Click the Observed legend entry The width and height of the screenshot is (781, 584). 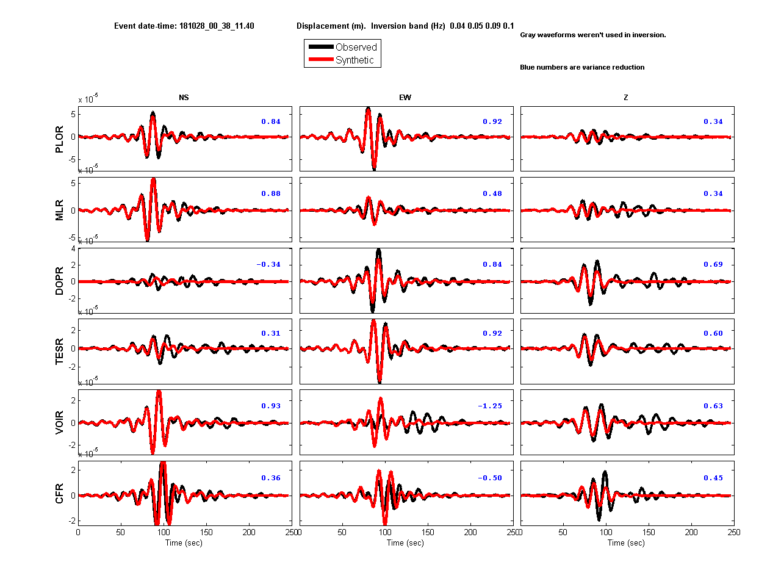pyautogui.click(x=342, y=46)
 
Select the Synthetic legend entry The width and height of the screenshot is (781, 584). pyautogui.click(x=341, y=59)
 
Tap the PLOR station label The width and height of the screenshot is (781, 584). pyautogui.click(x=59, y=139)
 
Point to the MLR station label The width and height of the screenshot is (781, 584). pyautogui.click(x=59, y=209)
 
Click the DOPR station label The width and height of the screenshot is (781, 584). pyautogui.click(x=59, y=281)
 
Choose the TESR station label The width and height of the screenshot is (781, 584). pyautogui.click(x=59, y=351)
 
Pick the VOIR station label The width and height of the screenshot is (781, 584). pyautogui.click(x=59, y=422)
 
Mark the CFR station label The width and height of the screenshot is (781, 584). pyautogui.click(x=59, y=493)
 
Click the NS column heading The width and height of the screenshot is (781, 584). pyautogui.click(x=184, y=97)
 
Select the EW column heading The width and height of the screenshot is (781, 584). pyautogui.click(x=405, y=97)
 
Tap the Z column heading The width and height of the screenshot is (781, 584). pyautogui.click(x=625, y=97)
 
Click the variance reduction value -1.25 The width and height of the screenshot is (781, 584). pyautogui.click(x=489, y=406)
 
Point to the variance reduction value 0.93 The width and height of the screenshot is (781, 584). pyautogui.click(x=271, y=406)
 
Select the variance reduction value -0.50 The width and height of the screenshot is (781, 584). pyautogui.click(x=489, y=478)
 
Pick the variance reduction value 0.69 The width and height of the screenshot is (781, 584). pyautogui.click(x=713, y=264)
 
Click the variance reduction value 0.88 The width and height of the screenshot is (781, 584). pyautogui.click(x=271, y=193)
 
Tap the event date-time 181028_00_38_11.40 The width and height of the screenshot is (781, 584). pyautogui.click(x=217, y=26)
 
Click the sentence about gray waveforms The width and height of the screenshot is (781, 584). pyautogui.click(x=593, y=35)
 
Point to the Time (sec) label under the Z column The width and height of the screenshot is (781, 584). pyautogui.click(x=626, y=543)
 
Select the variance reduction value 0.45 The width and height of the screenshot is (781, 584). pyautogui.click(x=713, y=478)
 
